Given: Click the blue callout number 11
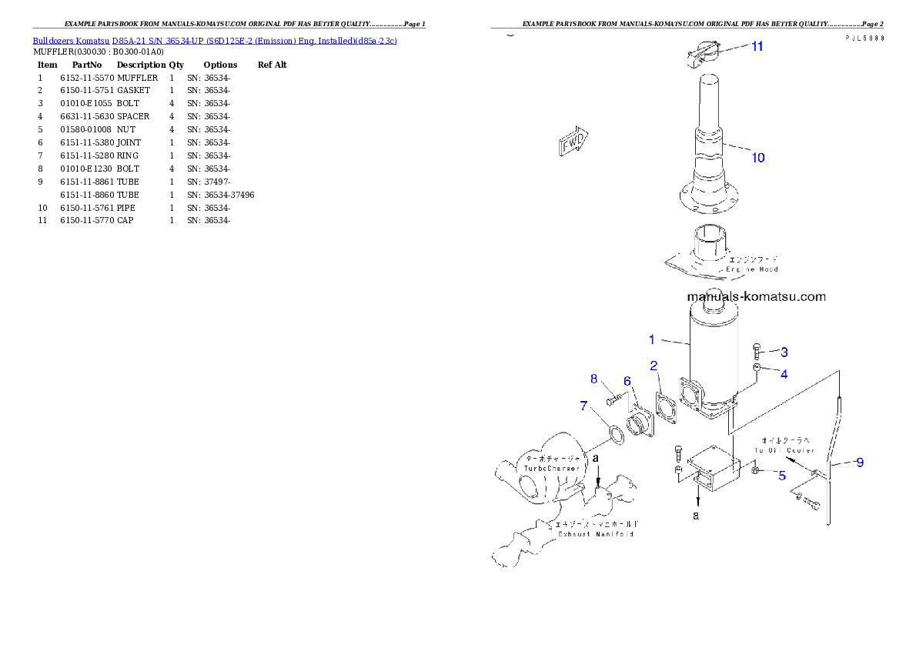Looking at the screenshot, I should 757,46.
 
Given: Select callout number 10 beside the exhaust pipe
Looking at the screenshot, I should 758,158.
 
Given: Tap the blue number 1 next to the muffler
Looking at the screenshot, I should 651,339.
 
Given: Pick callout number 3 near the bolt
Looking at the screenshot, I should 784,352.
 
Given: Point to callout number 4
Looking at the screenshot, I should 784,375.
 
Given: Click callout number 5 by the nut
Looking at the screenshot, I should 781,476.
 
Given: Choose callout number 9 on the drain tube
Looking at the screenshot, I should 859,463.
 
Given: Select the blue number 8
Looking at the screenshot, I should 593,379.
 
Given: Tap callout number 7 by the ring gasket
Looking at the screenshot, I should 584,405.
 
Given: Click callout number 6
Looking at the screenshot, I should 627,382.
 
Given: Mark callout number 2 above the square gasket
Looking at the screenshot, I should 654,365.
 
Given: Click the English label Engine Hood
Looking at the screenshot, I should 752,269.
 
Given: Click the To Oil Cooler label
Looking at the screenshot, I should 781,450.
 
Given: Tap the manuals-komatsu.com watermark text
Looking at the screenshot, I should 756,296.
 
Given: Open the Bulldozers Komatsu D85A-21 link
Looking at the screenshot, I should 215,40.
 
